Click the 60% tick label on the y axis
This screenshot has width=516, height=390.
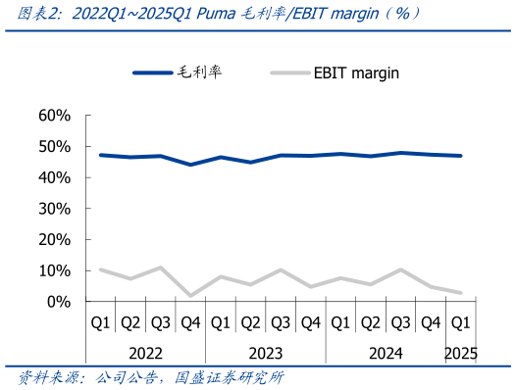[x=53, y=116]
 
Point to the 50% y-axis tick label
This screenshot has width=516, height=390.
[x=53, y=147]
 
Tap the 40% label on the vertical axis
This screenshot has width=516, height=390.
[x=53, y=177]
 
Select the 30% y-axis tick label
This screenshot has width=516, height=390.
[x=53, y=209]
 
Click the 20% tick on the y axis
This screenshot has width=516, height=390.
[x=53, y=239]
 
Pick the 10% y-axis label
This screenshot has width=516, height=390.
[x=53, y=270]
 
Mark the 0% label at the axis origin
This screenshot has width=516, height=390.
[x=59, y=302]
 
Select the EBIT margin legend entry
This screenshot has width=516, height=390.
[x=356, y=73]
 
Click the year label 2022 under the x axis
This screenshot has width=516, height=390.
[x=145, y=352]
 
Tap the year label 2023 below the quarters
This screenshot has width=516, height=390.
[x=266, y=352]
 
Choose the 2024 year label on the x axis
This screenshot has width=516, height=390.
[x=386, y=352]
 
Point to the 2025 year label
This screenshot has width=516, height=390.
[x=460, y=352]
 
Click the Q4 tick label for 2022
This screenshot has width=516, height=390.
[x=190, y=321]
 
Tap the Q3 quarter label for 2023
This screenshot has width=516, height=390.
[x=281, y=321]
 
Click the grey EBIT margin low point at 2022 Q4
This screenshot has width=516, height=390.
[x=190, y=295]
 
